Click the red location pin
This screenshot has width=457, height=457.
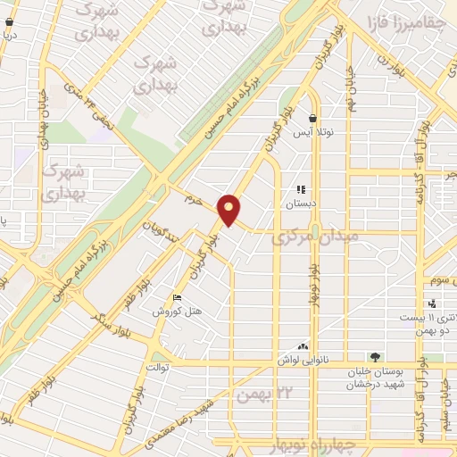(x=230, y=209)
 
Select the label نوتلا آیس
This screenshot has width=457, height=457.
(x=313, y=133)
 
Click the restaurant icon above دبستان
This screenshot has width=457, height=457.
(x=301, y=189)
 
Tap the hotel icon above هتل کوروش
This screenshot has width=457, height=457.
(x=176, y=297)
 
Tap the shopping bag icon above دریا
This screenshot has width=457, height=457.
(x=9, y=9)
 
